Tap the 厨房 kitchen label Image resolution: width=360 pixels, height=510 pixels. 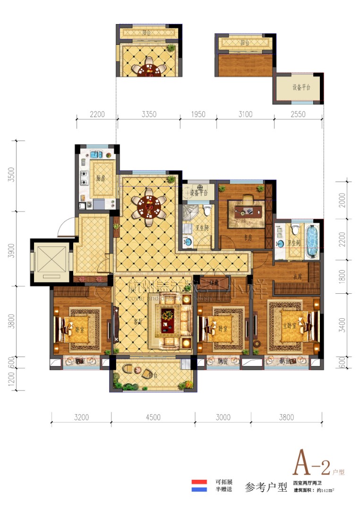pyautogui.click(x=99, y=178)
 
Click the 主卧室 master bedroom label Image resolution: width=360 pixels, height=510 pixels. pyautogui.click(x=290, y=326)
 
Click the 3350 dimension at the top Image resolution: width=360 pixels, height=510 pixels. pyautogui.click(x=149, y=114)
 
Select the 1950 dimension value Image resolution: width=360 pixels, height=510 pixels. pyautogui.click(x=198, y=114)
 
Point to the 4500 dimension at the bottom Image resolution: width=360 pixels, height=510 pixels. pyautogui.click(x=153, y=417)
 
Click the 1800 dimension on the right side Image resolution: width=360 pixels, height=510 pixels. pyautogui.click(x=343, y=276)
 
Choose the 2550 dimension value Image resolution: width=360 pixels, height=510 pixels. pyautogui.click(x=298, y=114)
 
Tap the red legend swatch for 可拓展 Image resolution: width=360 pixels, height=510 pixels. pyautogui.click(x=199, y=482)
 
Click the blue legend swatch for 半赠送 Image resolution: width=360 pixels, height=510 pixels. pyautogui.click(x=199, y=490)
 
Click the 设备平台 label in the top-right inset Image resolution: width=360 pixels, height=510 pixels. pyautogui.click(x=301, y=88)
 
